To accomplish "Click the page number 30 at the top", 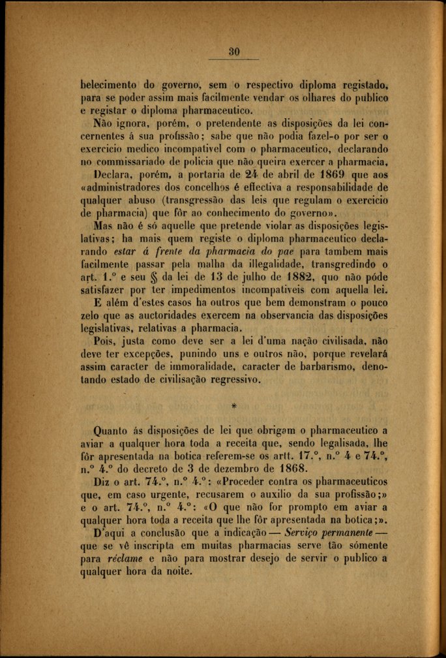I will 235,52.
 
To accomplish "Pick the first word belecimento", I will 108,84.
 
